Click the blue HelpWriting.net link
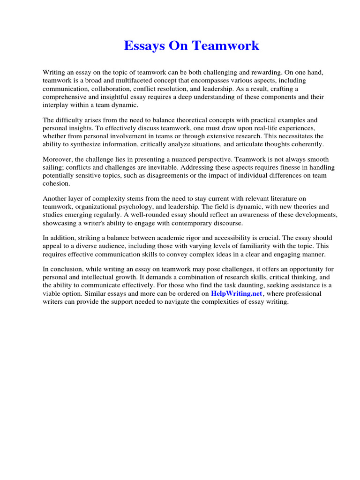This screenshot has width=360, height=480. click(237, 293)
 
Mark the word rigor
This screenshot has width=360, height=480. click(191, 238)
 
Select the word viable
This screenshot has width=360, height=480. click(52, 293)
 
